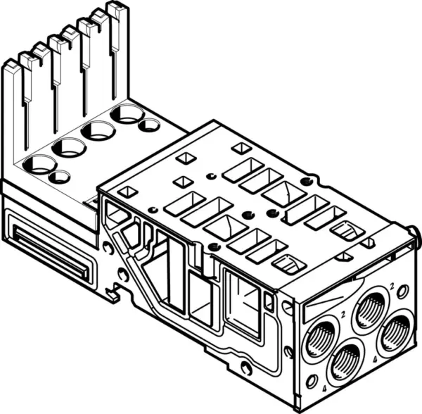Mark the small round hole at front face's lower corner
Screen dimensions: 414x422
[x=312, y=382]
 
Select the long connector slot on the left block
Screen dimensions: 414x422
[x=49, y=249]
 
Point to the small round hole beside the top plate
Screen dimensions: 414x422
[x=148, y=125]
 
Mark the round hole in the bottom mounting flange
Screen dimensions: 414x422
[x=245, y=367]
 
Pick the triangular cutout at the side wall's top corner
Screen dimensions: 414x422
[x=114, y=210]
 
